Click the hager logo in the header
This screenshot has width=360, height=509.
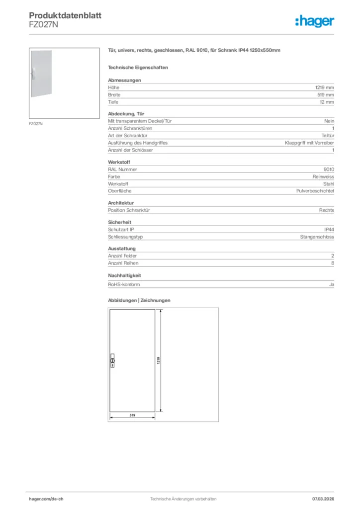(x=314, y=21)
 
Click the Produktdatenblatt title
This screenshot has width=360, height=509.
(x=65, y=16)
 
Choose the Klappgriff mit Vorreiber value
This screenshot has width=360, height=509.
(x=309, y=143)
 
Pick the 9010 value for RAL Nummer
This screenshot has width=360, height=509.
(x=329, y=169)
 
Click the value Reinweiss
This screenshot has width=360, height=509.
(x=323, y=176)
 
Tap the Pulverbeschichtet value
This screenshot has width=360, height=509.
(x=315, y=191)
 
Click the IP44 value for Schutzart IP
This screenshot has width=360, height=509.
(x=329, y=229)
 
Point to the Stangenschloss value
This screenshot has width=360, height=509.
(x=317, y=237)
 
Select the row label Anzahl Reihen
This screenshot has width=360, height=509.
(x=123, y=263)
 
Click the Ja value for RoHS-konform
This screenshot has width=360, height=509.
(x=331, y=284)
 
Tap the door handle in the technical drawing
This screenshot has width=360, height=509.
(x=112, y=360)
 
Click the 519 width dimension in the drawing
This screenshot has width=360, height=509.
(x=133, y=415)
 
